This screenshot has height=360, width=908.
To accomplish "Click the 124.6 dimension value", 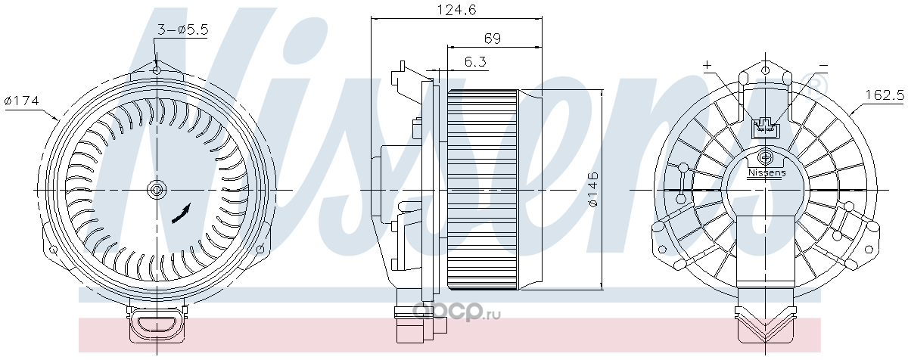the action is tap(457, 9).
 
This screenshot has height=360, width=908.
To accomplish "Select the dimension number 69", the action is tap(493, 39).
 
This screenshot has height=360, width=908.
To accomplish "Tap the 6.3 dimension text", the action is tap(475, 62).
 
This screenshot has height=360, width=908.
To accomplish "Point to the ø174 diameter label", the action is tap(21, 100).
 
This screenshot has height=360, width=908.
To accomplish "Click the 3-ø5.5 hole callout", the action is tap(182, 29).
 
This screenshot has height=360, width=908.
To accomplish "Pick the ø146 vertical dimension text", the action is tap(593, 190).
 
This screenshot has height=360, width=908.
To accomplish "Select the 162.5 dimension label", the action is tap(885, 95).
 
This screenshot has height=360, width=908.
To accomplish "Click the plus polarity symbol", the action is tap(707, 65).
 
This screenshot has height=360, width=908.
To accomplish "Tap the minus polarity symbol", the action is tap(823, 66).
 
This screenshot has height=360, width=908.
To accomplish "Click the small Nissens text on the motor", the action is tap(767, 173).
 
